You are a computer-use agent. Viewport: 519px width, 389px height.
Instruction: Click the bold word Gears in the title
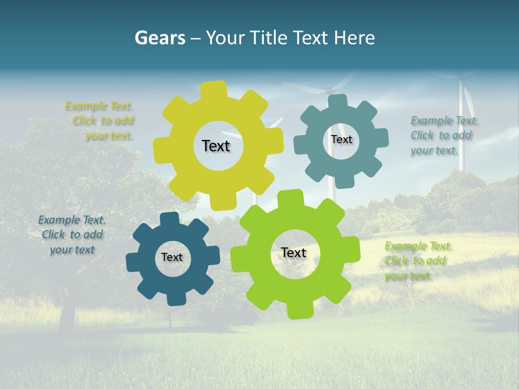159,38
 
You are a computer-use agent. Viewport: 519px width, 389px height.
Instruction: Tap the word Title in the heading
270,38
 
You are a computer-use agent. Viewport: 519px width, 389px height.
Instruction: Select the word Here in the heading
354,38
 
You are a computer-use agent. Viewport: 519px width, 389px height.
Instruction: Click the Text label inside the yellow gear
216,146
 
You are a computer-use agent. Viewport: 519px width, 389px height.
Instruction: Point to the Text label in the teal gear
341,139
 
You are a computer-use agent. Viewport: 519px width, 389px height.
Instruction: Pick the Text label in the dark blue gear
172,258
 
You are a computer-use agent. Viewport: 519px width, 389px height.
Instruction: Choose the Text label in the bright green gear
294,253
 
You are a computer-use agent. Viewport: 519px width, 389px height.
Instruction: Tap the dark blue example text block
72,235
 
